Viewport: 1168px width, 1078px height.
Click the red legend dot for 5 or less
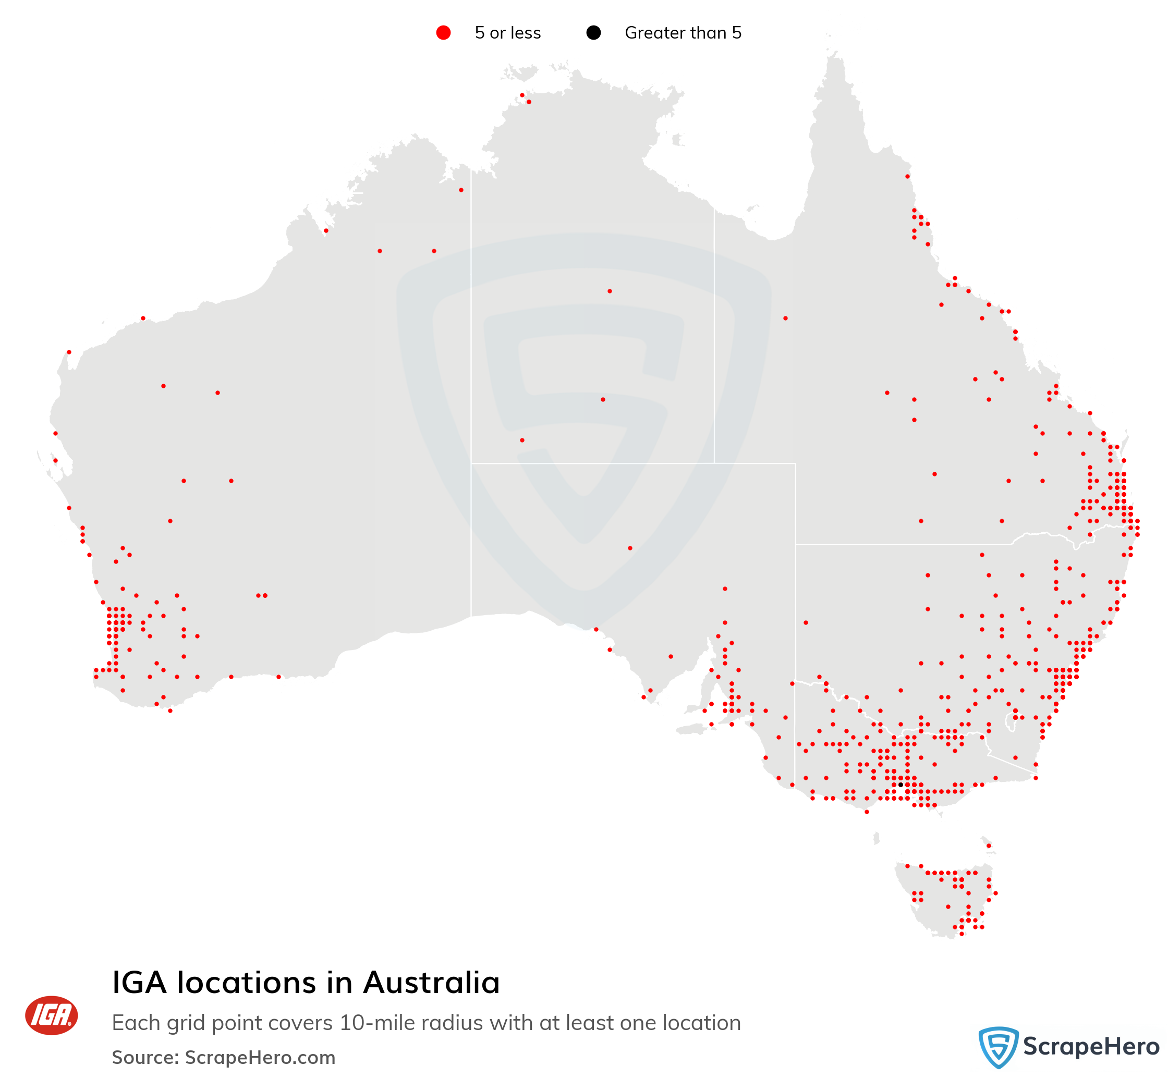point(443,33)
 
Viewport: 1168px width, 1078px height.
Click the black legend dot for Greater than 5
point(593,33)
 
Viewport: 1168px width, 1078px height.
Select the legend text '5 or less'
point(507,33)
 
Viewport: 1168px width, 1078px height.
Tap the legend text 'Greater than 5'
point(683,33)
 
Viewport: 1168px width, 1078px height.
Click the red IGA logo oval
point(51,1015)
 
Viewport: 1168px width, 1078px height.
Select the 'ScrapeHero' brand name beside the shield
point(1091,1047)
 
